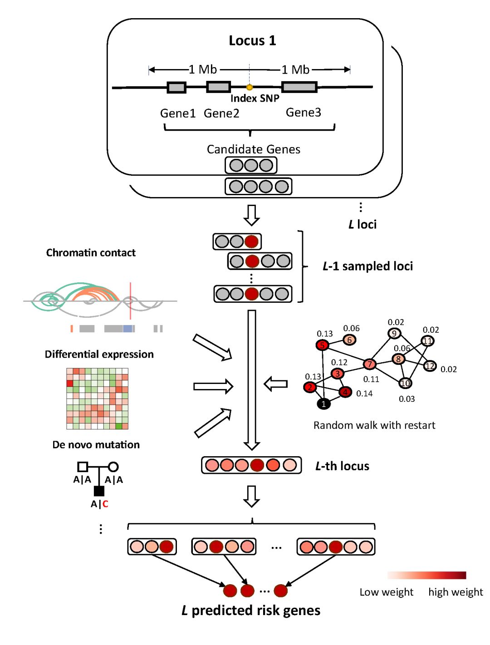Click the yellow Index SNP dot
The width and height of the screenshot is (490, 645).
(x=249, y=87)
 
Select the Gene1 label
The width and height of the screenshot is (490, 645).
(x=177, y=113)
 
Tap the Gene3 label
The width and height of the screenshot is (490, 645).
(x=303, y=112)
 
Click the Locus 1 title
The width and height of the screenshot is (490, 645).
(x=252, y=40)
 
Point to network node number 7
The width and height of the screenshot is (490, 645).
(x=370, y=364)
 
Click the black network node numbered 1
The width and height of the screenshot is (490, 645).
(x=323, y=404)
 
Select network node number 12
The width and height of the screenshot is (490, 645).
(x=430, y=366)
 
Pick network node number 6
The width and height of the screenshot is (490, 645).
(x=349, y=340)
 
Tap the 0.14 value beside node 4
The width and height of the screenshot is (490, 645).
(x=364, y=394)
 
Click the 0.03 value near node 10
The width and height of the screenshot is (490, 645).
(x=407, y=399)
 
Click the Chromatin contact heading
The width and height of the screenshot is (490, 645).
(x=91, y=253)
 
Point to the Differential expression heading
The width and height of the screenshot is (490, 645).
(x=99, y=354)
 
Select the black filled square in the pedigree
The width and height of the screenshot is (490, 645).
(x=99, y=491)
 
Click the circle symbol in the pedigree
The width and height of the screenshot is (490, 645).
(x=113, y=467)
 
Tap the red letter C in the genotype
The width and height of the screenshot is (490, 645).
(x=105, y=504)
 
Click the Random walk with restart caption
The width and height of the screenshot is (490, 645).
(x=374, y=425)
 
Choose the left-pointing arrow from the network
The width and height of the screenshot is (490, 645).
(x=276, y=384)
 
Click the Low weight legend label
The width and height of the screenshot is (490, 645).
(x=386, y=592)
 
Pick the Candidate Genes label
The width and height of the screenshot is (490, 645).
(x=253, y=149)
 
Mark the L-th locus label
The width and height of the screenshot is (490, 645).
(x=342, y=466)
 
